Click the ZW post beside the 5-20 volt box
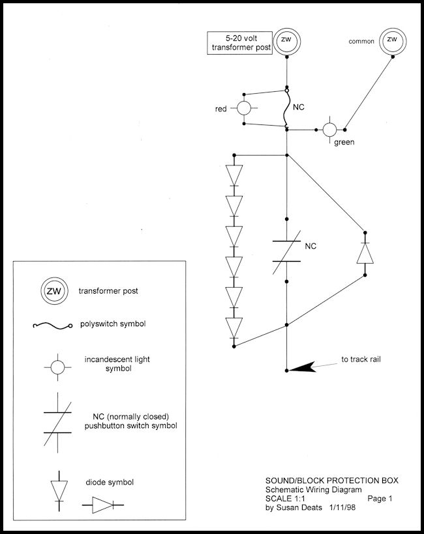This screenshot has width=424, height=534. [286, 40]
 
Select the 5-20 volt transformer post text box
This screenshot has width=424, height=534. [239, 43]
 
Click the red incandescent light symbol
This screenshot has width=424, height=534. [243, 108]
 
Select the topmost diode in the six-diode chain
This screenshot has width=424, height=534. [234, 175]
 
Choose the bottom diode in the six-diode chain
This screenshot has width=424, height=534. [234, 327]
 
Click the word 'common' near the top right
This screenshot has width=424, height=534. [361, 41]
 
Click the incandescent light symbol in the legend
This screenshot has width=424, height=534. [58, 367]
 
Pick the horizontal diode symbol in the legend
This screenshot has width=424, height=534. [102, 505]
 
